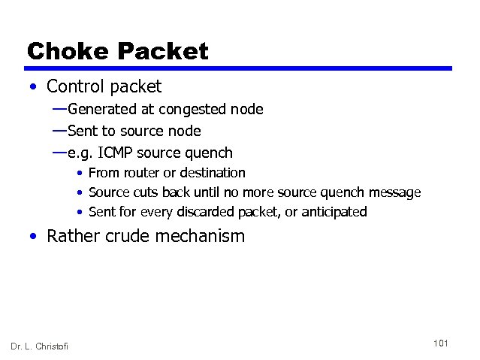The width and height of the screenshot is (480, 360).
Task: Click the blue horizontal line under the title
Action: (x=239, y=68)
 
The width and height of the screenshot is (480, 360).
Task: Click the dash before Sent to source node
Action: (x=59, y=131)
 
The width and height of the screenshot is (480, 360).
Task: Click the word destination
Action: (x=210, y=173)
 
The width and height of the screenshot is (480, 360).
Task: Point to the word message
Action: (x=393, y=192)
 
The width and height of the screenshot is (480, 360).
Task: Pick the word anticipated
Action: (x=334, y=212)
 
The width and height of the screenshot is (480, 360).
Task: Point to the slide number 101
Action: (x=441, y=343)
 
